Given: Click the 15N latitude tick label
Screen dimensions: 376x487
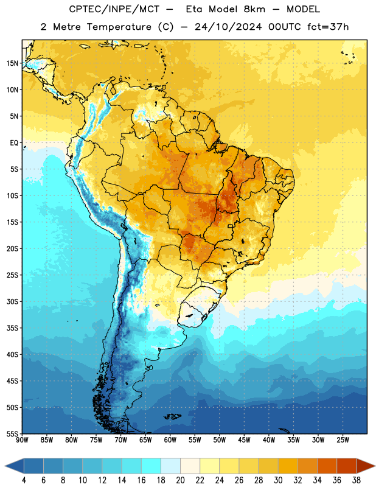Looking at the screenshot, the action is [12, 63].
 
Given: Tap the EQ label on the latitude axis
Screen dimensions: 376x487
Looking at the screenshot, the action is [14, 143].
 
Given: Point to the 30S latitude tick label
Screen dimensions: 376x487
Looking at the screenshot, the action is [12, 301].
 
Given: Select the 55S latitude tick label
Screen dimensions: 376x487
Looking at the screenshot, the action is [12, 433].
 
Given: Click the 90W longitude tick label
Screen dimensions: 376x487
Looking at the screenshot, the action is [22, 440].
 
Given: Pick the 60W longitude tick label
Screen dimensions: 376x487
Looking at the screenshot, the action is [170, 440].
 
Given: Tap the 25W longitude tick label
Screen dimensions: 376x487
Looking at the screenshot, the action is [343, 440].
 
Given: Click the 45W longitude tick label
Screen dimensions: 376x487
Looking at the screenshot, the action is [245, 440].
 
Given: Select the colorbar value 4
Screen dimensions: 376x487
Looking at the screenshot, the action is [24, 480].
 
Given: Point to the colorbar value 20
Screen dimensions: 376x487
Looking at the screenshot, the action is [180, 480].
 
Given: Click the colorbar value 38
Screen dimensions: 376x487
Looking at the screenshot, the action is [357, 480].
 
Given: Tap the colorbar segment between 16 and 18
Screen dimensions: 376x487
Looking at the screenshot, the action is [151, 466].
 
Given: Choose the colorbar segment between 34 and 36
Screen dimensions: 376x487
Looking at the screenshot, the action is [327, 466].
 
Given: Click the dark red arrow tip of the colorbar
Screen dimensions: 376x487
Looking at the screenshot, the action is [374, 466].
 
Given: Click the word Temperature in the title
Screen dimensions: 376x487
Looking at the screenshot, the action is [119, 27].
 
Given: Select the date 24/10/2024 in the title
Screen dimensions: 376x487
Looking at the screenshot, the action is [228, 27].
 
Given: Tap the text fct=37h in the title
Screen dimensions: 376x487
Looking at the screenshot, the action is [328, 27].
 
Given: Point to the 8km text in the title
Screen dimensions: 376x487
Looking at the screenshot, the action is [254, 9].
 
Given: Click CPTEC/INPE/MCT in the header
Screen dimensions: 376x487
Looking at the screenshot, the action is [114, 9].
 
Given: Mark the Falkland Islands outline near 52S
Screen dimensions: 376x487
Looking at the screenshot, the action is [172, 416].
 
